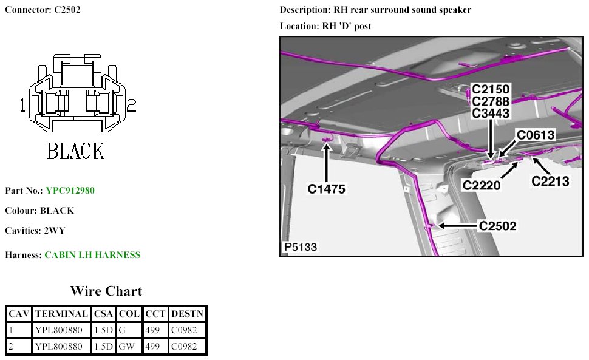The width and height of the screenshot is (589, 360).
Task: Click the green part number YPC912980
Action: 70,191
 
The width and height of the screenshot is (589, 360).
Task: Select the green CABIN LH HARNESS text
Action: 92,255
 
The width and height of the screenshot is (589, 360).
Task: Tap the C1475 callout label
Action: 326,189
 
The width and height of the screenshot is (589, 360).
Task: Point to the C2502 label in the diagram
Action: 497,226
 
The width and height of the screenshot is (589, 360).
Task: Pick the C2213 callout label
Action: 550,180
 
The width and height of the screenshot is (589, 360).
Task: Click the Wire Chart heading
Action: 106,291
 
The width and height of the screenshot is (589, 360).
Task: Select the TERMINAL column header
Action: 61,314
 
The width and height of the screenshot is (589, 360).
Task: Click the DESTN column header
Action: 188,314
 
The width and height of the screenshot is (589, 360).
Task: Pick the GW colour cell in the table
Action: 124,347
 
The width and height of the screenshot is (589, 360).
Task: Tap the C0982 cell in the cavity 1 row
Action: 185,330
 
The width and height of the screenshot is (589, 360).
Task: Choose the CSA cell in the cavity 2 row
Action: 103,347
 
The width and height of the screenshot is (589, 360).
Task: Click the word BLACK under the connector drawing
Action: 76,151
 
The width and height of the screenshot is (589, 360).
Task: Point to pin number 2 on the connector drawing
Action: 131,106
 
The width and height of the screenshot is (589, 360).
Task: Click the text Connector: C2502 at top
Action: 43,10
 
